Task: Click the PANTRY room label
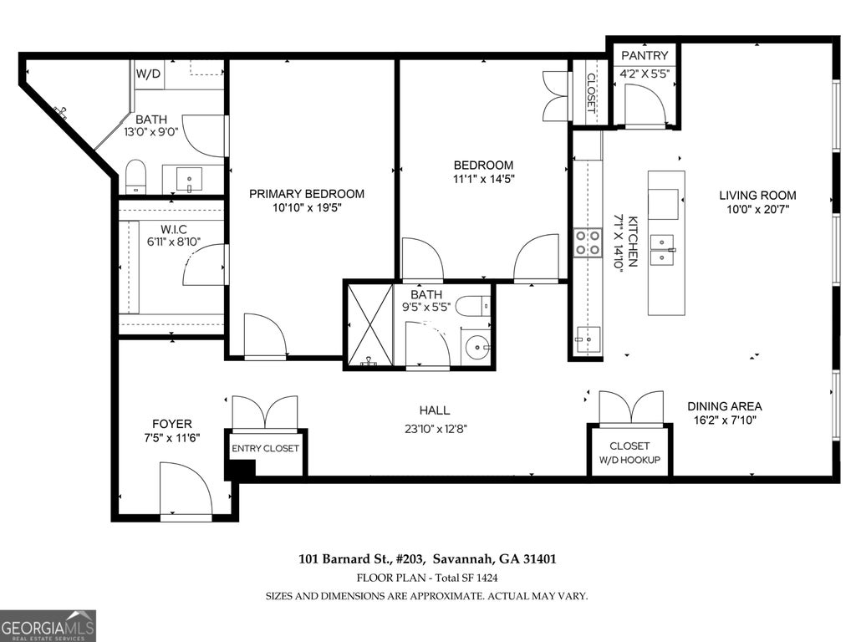pyautogui.click(x=645, y=55)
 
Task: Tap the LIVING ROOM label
pyautogui.click(x=757, y=195)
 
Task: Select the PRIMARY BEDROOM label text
pyautogui.click(x=306, y=194)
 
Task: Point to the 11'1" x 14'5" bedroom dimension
pyautogui.click(x=484, y=179)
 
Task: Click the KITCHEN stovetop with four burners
pyautogui.click(x=587, y=242)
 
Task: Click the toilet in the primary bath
pyautogui.click(x=136, y=176)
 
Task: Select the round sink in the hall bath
pyautogui.click(x=478, y=346)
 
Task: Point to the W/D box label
pyautogui.click(x=149, y=74)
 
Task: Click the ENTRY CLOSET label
pyautogui.click(x=265, y=448)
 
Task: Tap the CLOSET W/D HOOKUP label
pyautogui.click(x=629, y=452)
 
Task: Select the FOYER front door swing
pyautogui.click(x=186, y=487)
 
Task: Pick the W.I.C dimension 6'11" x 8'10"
pyautogui.click(x=174, y=242)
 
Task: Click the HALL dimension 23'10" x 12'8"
pyautogui.click(x=436, y=429)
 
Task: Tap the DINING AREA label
pyautogui.click(x=725, y=406)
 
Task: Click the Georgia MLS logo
pyautogui.click(x=48, y=625)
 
